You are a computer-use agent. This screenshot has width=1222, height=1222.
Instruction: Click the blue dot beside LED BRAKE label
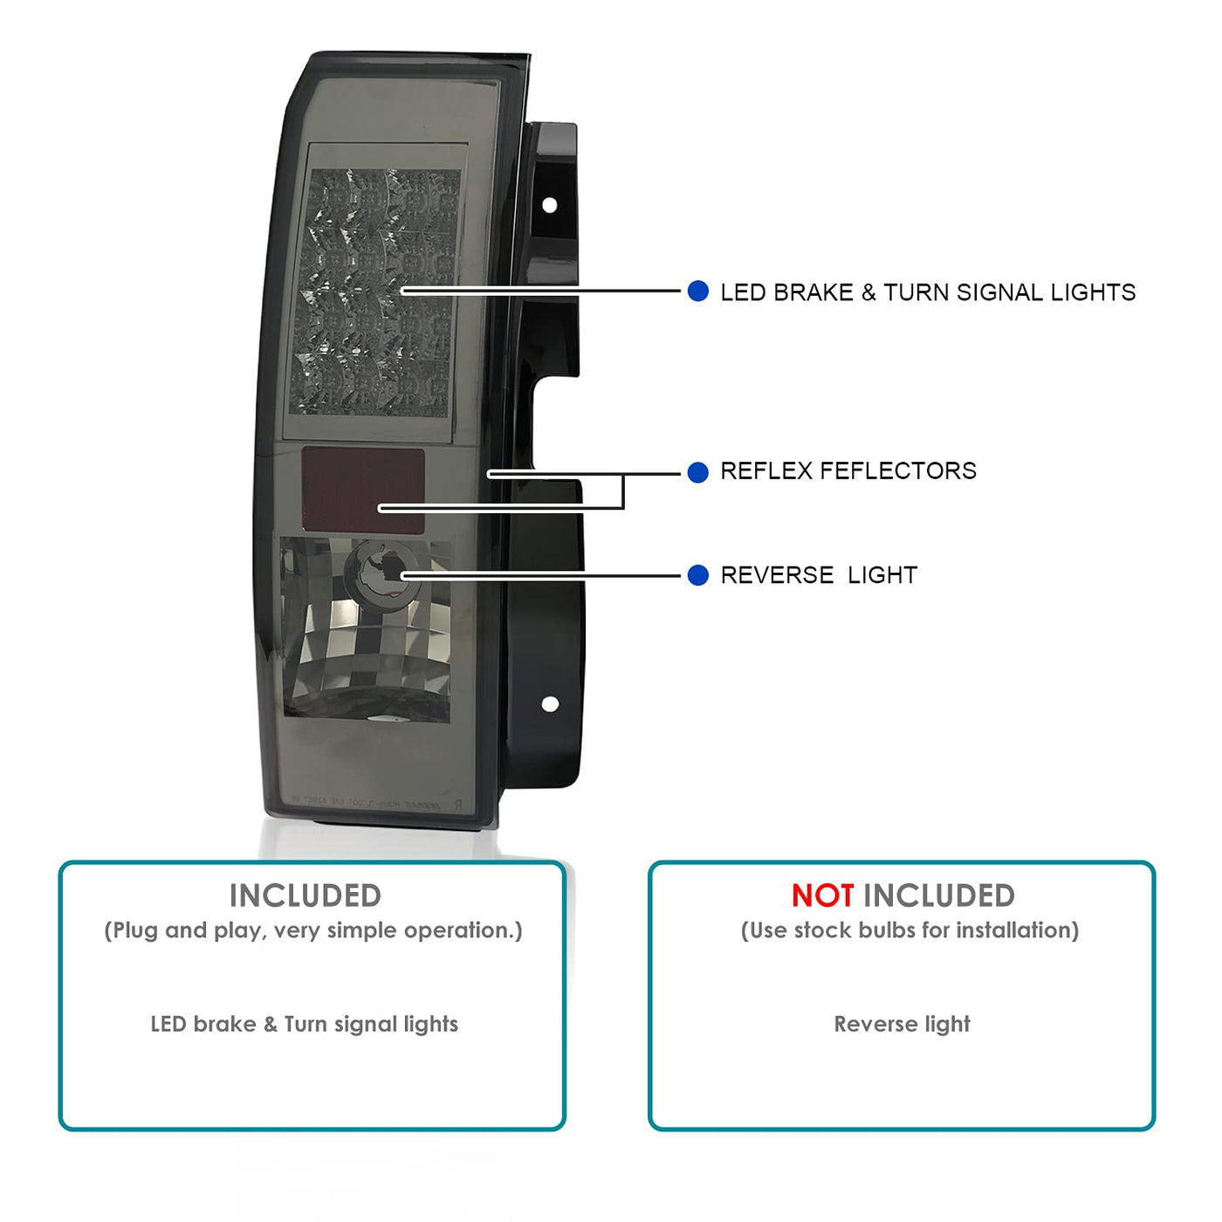697,292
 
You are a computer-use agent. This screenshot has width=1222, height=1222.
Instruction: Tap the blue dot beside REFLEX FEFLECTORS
697,472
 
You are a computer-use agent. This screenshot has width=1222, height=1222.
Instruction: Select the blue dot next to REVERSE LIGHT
697,575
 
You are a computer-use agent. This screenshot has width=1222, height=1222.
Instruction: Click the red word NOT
822,896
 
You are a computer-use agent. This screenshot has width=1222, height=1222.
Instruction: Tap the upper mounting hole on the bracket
550,205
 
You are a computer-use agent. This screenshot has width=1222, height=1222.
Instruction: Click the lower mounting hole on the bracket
550,704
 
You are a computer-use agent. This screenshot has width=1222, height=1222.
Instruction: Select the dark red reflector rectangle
363,490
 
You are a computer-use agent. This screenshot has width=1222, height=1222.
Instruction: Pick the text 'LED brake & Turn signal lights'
304,1024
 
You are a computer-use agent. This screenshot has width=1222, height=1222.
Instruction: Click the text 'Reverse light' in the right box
902,1024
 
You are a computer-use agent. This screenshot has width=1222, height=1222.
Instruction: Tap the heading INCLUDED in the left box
305,896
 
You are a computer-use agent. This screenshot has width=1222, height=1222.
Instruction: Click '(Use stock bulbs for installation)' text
910,930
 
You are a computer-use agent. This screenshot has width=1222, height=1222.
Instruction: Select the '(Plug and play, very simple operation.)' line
312,930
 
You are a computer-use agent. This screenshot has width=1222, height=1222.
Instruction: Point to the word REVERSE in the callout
777,575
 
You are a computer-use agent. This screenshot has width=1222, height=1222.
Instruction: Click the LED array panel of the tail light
375,291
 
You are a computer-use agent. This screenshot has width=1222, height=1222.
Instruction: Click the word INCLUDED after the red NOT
938,896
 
